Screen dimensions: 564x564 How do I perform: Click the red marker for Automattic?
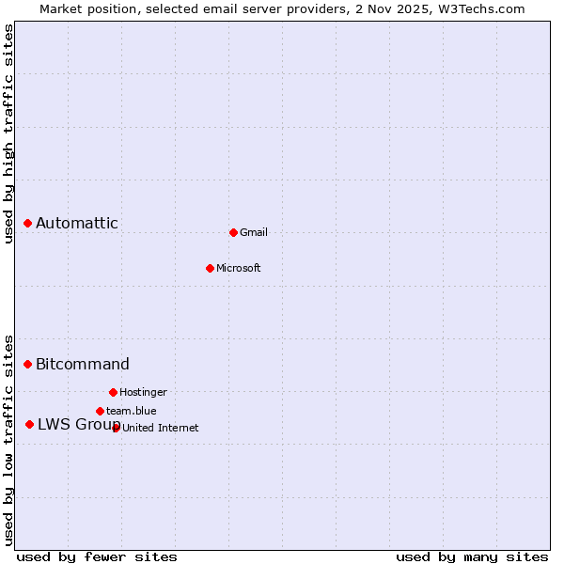pyautogui.click(x=28, y=223)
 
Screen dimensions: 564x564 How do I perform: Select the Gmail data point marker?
pyautogui.click(x=233, y=232)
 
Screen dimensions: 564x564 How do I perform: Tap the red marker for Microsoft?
pyautogui.click(x=211, y=268)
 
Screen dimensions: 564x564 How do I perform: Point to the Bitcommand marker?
pyautogui.click(x=28, y=364)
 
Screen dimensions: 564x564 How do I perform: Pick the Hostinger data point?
pyautogui.click(x=113, y=392)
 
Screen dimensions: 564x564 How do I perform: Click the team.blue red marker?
pyautogui.click(x=100, y=411)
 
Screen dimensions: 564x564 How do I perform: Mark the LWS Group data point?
pyautogui.click(x=30, y=424)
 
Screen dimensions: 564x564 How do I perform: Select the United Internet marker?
pyautogui.click(x=116, y=428)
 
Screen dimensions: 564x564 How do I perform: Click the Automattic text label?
pyautogui.click(x=77, y=224)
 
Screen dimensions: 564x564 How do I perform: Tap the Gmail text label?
pyautogui.click(x=254, y=233)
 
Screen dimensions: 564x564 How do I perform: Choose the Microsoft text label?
pyautogui.click(x=239, y=269)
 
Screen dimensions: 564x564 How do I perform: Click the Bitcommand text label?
pyautogui.click(x=83, y=365)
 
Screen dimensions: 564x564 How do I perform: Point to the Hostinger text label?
pyautogui.click(x=144, y=393)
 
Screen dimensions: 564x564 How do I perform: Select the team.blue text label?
pyautogui.click(x=132, y=412)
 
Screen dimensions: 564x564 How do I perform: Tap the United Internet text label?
pyautogui.click(x=161, y=429)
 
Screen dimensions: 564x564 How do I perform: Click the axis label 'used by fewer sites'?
pyautogui.click(x=97, y=556)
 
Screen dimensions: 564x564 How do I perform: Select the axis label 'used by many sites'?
pyautogui.click(x=472, y=556)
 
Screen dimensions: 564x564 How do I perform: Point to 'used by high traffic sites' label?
pyautogui.click(x=9, y=133)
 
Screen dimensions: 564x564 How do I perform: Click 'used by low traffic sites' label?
pyautogui.click(x=9, y=439)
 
